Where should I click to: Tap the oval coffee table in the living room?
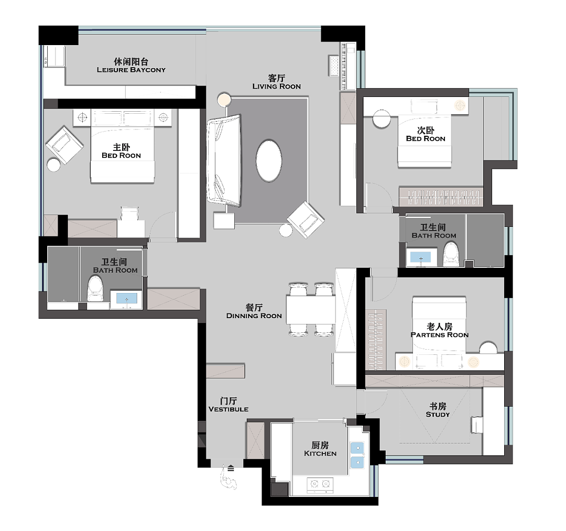point(269,160)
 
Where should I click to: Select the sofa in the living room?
point(224,160)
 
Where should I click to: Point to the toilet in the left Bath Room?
point(95,288)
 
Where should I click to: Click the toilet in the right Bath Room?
point(451,254)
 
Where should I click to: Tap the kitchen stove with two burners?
point(320,484)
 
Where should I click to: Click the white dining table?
point(311,310)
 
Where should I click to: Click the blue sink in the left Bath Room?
point(127,299)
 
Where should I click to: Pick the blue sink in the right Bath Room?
point(421,257)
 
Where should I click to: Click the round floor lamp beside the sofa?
point(224,99)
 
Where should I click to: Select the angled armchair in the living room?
point(306,220)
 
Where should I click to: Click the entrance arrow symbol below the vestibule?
point(231,469)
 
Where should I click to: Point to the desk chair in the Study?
point(476,425)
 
